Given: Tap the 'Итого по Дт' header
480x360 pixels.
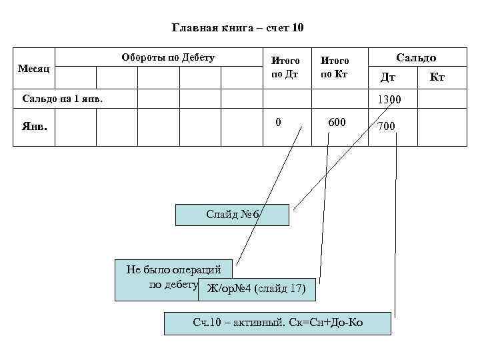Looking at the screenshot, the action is [x=285, y=67].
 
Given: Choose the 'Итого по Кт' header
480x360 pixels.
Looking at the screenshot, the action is [x=335, y=67].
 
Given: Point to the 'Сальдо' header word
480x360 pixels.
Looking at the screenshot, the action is [x=417, y=58].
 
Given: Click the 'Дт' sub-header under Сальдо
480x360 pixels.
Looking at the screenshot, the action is [x=387, y=78].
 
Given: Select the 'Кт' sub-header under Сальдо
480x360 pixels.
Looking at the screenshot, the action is [x=437, y=78].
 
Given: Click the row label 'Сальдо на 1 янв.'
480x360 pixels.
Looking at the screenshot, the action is [x=63, y=99].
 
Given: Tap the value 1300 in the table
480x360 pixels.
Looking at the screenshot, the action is [x=389, y=100].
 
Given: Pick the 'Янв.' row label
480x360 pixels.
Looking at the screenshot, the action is [x=34, y=126].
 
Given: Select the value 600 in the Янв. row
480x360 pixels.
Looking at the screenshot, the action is [x=337, y=123].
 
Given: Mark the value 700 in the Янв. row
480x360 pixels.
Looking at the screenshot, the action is [x=387, y=126].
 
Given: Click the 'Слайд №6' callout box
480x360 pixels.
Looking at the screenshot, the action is [x=232, y=215].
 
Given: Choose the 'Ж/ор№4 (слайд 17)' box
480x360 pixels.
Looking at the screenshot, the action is [x=257, y=289].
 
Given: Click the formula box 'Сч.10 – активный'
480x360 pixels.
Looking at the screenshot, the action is [x=277, y=323].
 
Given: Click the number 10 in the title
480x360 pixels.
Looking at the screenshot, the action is [x=297, y=28].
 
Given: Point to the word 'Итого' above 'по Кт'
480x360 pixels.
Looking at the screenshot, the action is [x=335, y=61].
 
